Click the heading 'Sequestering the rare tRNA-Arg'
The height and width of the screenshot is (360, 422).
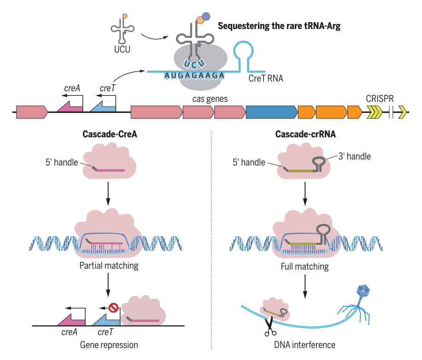click(279, 26)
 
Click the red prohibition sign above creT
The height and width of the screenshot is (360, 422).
click(113, 306)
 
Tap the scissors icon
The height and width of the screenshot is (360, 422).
click(270, 327)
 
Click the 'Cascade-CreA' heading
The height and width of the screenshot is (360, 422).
click(110, 135)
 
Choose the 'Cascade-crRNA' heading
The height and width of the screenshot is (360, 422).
click(305, 135)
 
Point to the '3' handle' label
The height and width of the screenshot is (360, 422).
click(354, 156)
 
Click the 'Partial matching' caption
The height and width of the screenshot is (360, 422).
click(109, 266)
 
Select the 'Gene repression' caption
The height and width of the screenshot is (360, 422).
click(109, 344)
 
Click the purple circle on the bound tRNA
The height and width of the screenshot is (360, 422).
click(206, 17)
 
